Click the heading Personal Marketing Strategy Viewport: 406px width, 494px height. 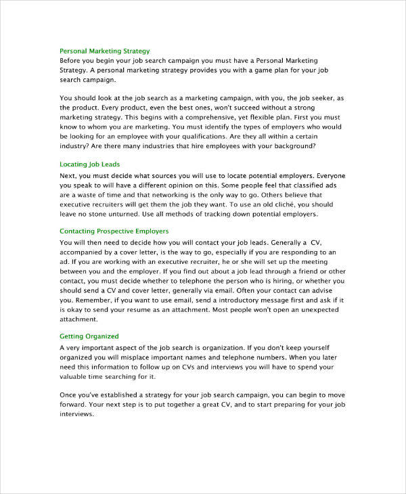tap(105, 51)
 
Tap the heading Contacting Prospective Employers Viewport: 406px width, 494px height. tap(114, 231)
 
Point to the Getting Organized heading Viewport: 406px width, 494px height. tap(89, 336)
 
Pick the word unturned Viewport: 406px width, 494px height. tap(131, 214)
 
